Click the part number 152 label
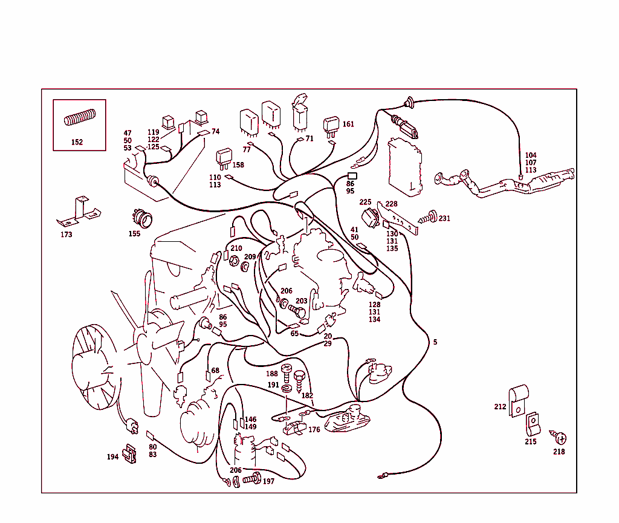click(77, 143)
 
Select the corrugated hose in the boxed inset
click(80, 117)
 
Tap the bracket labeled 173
click(79, 212)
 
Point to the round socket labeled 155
click(143, 217)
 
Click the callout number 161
click(348, 125)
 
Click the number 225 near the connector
click(365, 203)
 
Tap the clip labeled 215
click(532, 424)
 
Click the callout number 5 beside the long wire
click(435, 342)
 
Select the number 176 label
click(314, 430)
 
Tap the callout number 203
click(301, 301)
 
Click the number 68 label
click(215, 371)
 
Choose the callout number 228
click(392, 204)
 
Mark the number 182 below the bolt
click(307, 395)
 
